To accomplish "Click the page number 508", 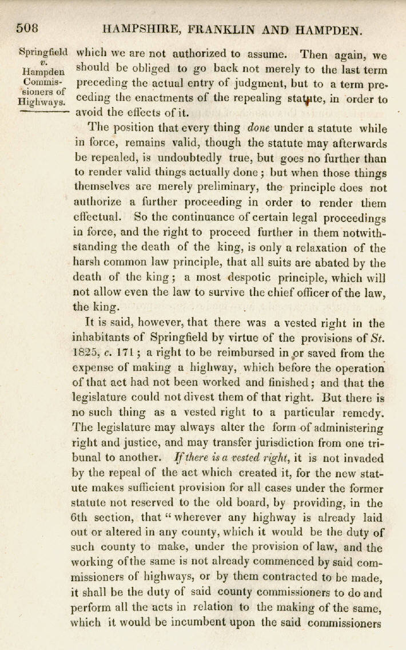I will (27, 28).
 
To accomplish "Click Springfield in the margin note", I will (43, 51).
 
